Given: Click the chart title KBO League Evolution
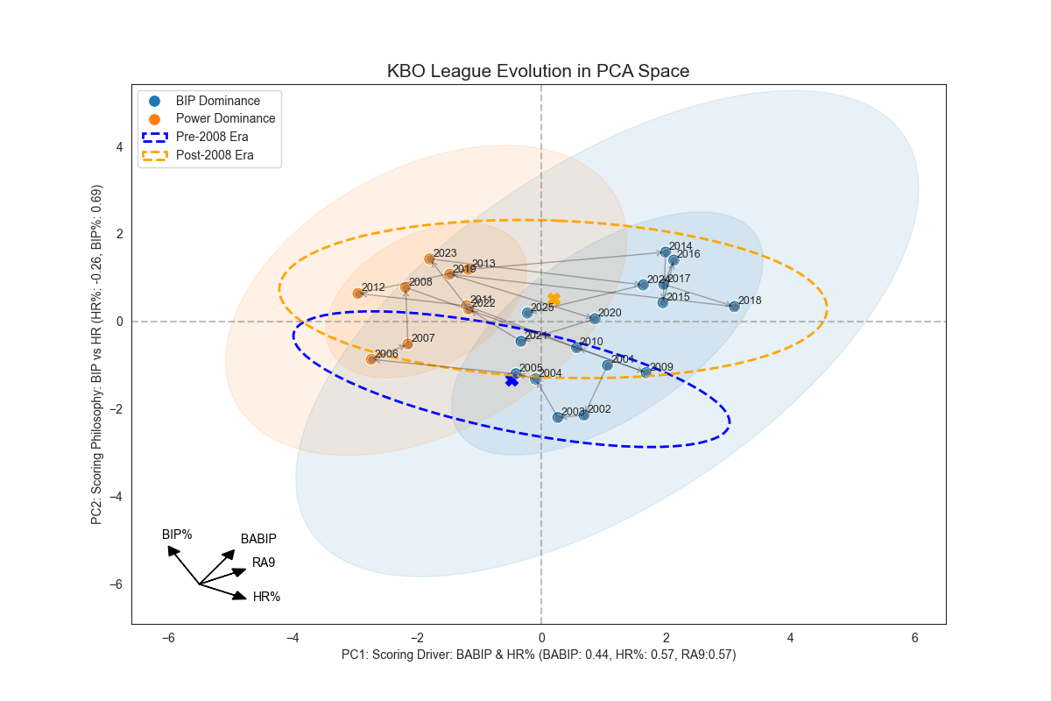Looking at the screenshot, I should [x=538, y=72].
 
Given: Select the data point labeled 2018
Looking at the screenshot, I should [x=734, y=306].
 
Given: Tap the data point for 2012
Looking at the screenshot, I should [x=358, y=293].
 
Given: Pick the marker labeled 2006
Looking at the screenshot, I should [x=371, y=359].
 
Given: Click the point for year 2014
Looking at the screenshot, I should [x=666, y=252].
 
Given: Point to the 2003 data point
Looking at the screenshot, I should [x=558, y=417].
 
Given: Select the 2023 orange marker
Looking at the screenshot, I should [x=429, y=258].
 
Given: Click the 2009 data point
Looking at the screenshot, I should [x=646, y=372].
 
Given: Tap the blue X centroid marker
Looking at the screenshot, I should [x=511, y=380].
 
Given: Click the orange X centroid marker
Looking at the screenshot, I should [x=554, y=300].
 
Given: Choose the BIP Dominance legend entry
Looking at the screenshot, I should [x=217, y=101].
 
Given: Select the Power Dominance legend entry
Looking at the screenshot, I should [x=225, y=118].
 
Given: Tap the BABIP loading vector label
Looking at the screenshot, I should [x=258, y=539].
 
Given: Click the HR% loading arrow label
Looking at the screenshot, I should [x=266, y=597].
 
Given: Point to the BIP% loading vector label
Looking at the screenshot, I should [x=177, y=534].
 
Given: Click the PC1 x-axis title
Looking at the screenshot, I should [x=538, y=655].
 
